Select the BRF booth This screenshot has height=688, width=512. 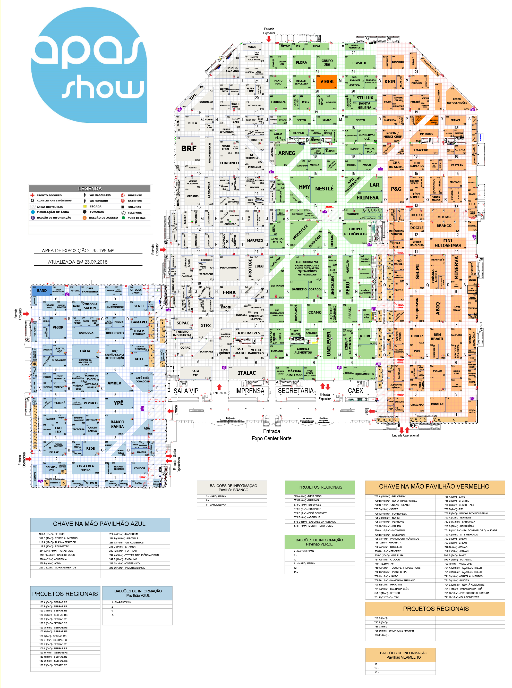click(x=189, y=148)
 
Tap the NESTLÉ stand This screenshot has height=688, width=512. click(x=324, y=189)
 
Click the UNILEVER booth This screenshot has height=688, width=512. click(x=329, y=343)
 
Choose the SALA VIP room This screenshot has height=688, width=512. click(x=195, y=373)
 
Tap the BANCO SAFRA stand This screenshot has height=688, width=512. click(x=117, y=424)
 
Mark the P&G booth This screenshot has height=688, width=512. click(x=396, y=189)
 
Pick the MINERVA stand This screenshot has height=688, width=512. click(x=456, y=267)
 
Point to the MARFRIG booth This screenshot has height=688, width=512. click(x=255, y=241)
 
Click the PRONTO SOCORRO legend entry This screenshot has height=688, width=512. click(x=49, y=195)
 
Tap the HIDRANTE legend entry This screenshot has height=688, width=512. click(x=134, y=195)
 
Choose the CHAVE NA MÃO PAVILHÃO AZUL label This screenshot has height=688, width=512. click(x=100, y=524)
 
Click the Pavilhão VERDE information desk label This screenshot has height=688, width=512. click(x=319, y=542)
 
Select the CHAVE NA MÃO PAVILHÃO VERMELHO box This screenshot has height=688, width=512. click(x=434, y=487)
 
